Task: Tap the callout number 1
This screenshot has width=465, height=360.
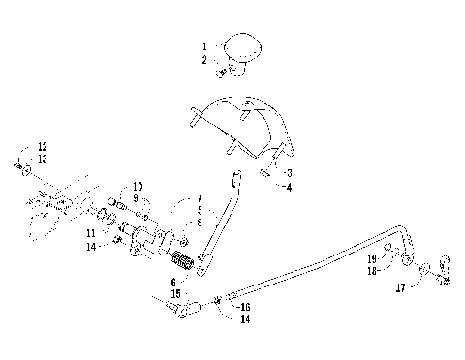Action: point(204,45)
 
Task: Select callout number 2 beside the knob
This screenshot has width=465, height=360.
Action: point(204,59)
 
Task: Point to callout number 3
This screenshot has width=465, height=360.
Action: point(289,171)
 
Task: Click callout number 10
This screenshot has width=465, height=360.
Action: point(138,186)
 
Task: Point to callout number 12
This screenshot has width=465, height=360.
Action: point(42,147)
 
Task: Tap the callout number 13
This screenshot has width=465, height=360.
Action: point(42,160)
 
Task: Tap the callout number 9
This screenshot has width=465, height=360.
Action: point(138,197)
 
